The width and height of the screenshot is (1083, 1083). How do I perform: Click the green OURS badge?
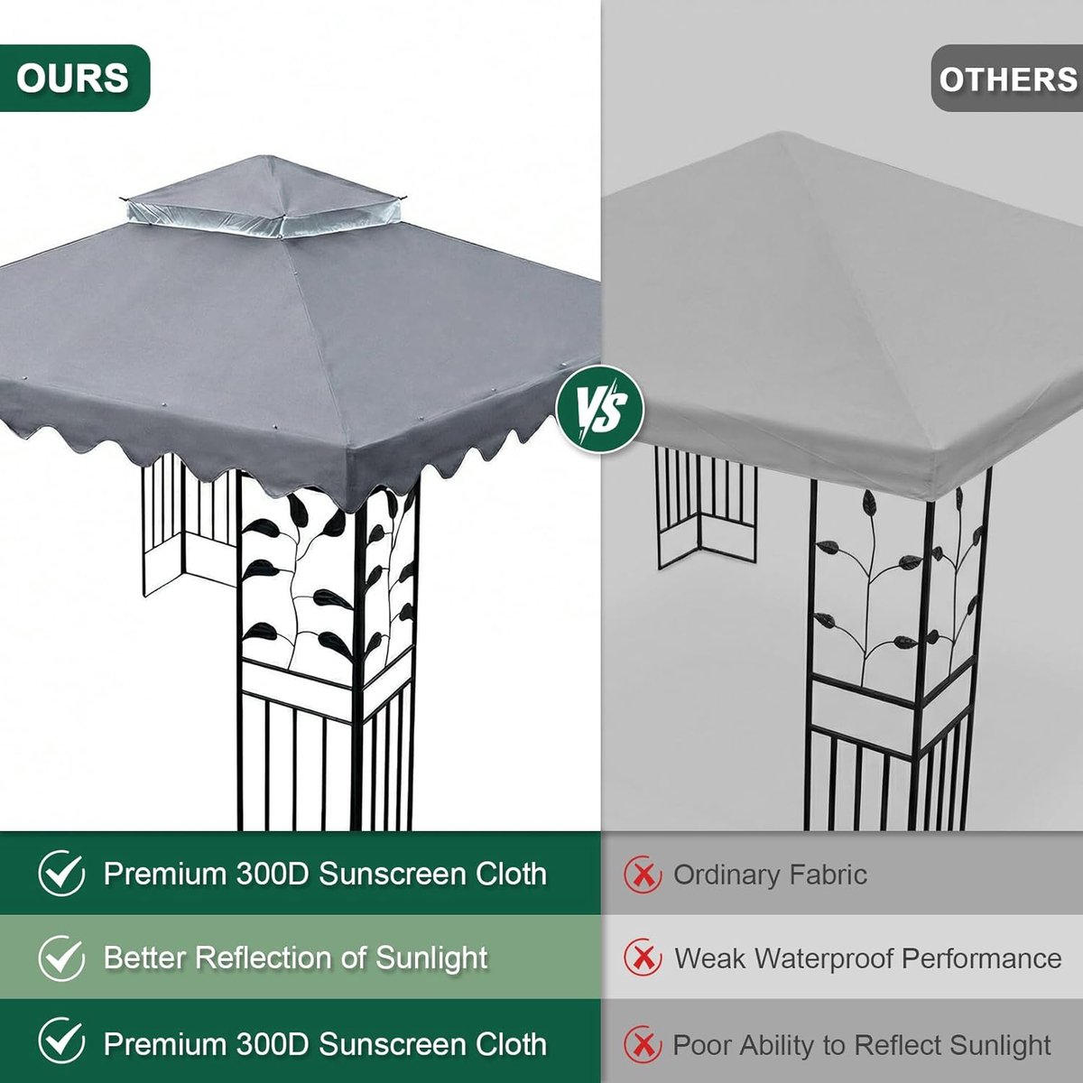(x=74, y=79)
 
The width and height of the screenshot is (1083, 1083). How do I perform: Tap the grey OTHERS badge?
(x=1007, y=79)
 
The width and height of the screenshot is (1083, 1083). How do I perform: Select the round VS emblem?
(x=600, y=409)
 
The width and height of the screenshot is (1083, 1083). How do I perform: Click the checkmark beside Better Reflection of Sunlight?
(x=62, y=958)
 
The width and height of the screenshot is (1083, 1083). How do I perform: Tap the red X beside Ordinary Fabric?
(x=643, y=875)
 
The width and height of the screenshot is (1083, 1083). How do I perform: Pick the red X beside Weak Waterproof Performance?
(x=643, y=958)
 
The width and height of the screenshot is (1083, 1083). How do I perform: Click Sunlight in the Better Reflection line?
(x=431, y=959)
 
